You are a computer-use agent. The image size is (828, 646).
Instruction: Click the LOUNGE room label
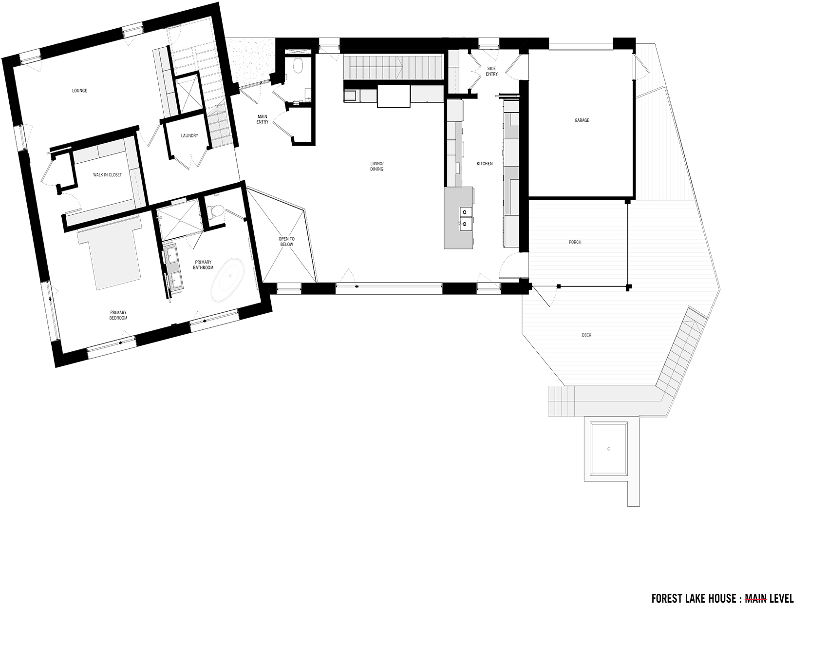tap(79, 91)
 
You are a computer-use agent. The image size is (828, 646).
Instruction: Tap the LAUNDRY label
tap(189, 135)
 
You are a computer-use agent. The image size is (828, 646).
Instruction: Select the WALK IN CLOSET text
tap(108, 174)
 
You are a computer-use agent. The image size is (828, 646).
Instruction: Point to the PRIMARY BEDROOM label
tap(118, 315)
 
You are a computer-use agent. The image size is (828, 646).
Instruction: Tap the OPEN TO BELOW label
tap(286, 241)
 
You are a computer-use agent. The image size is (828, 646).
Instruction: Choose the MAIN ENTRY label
tap(263, 119)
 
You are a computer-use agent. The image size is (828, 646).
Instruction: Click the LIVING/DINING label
tap(376, 166)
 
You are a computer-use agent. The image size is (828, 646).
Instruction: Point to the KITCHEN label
tap(485, 164)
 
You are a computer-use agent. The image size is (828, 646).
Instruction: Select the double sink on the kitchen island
tap(465, 218)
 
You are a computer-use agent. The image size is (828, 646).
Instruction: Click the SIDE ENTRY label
tap(492, 71)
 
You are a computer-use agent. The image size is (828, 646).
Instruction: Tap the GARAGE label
tap(582, 120)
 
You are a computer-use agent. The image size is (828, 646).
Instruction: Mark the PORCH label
tap(575, 242)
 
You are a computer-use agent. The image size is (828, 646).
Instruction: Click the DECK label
tap(586, 335)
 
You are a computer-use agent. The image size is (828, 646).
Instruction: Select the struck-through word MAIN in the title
tap(756, 599)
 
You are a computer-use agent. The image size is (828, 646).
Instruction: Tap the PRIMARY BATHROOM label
tap(203, 265)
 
